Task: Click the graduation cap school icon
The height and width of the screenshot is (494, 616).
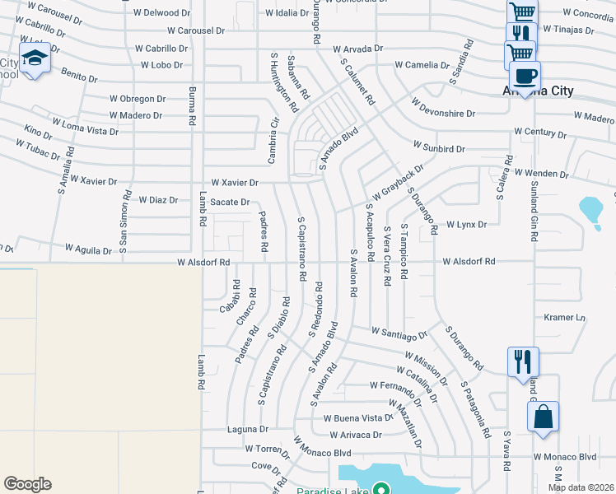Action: (x=34, y=58)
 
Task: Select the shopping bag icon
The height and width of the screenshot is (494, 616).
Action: (x=543, y=417)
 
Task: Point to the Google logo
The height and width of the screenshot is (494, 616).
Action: (x=27, y=484)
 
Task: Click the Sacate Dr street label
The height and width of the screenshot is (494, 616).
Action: (x=230, y=202)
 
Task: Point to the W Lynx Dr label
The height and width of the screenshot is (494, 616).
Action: (x=466, y=224)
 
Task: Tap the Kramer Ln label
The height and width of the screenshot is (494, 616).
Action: (x=564, y=317)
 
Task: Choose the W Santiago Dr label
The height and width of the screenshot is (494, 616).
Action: (x=399, y=333)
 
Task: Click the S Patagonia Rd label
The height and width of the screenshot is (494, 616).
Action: (x=475, y=408)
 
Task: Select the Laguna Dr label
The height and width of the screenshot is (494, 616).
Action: (x=248, y=429)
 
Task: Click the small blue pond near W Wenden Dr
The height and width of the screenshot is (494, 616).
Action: (x=591, y=210)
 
